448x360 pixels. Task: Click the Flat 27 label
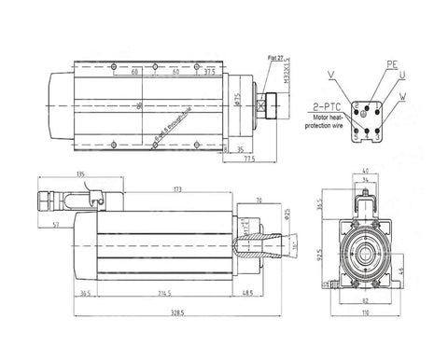[276, 58]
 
